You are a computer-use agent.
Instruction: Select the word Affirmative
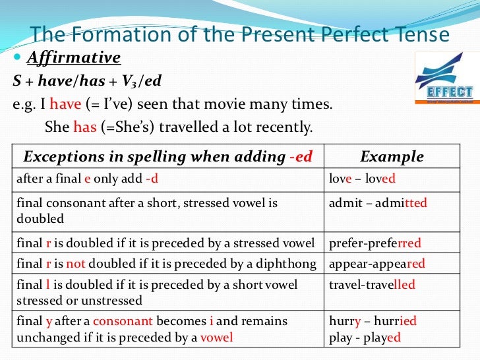[74, 59]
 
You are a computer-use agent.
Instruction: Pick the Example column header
[392, 157]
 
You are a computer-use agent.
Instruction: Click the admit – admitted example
[378, 203]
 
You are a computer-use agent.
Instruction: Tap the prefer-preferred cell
[375, 244]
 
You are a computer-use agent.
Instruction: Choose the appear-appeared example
[376, 264]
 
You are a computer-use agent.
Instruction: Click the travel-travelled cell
[372, 285]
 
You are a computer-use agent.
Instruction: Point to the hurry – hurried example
[373, 322]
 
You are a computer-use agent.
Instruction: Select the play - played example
[365, 337]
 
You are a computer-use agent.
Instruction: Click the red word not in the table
[76, 264]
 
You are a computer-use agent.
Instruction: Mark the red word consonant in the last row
[123, 322]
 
